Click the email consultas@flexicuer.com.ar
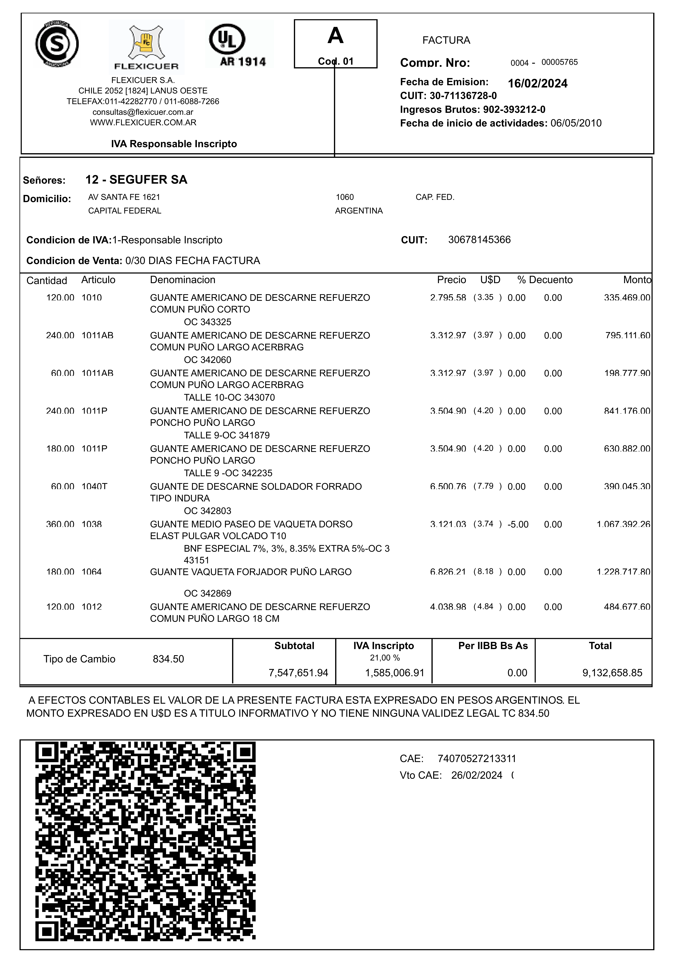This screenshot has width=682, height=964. (143, 112)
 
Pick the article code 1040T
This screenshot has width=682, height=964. (95, 486)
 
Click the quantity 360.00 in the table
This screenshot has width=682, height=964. (60, 524)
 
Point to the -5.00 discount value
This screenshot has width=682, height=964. (518, 524)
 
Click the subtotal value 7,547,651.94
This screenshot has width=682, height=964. (298, 673)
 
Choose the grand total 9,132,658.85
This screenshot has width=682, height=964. (612, 673)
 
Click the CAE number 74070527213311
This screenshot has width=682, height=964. (477, 759)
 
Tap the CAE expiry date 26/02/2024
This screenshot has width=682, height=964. (477, 775)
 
